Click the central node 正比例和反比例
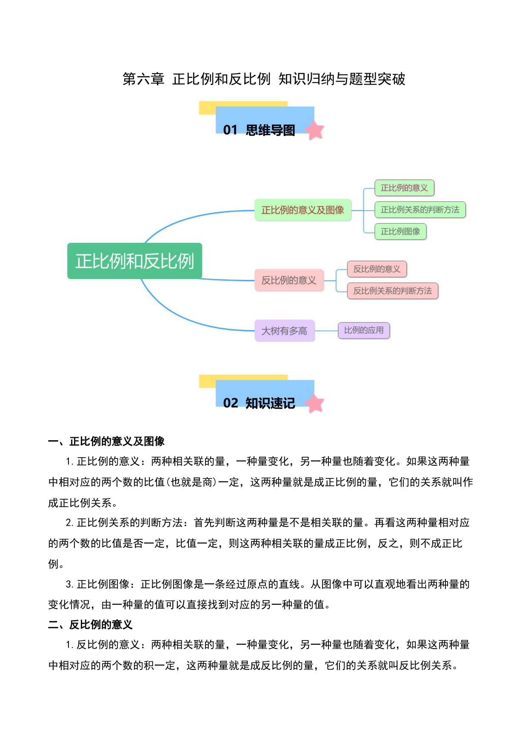(134, 261)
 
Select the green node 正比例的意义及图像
(303, 210)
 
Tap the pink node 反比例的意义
(289, 280)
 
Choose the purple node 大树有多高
(285, 330)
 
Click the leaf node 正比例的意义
(404, 188)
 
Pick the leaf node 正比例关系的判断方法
(420, 210)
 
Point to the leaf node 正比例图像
(400, 231)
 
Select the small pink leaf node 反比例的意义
(377, 269)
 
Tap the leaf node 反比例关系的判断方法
(393, 291)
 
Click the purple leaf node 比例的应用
(364, 330)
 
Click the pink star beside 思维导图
(315, 130)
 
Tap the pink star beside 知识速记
(315, 403)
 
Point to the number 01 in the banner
(230, 130)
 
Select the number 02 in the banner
(231, 403)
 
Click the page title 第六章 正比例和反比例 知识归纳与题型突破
(264, 79)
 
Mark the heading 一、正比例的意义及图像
(106, 441)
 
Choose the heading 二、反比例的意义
(90, 624)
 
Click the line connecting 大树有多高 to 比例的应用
(326, 330)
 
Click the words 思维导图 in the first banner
(270, 130)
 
